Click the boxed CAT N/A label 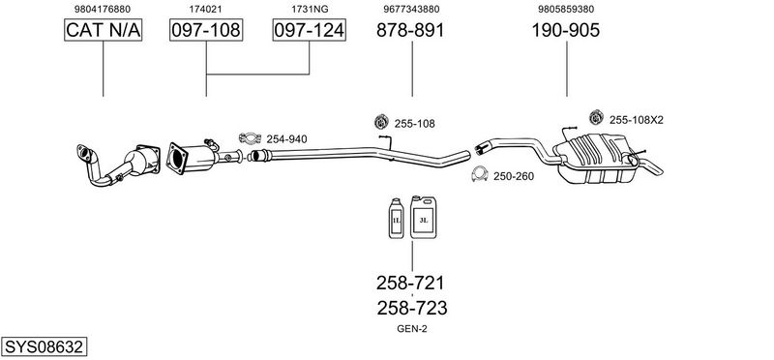104,30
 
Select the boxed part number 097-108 206,30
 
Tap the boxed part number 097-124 309,30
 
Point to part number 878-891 410,30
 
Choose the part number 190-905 566,30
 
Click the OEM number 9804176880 103,9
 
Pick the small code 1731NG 310,9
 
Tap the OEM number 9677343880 411,9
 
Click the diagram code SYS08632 44,346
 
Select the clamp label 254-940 286,139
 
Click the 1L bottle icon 397,219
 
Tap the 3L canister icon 424,217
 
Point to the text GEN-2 412,329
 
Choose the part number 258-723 412,308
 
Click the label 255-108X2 637,119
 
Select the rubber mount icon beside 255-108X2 597,117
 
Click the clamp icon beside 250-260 479,174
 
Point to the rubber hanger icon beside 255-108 381,122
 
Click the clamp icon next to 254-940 250,138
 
